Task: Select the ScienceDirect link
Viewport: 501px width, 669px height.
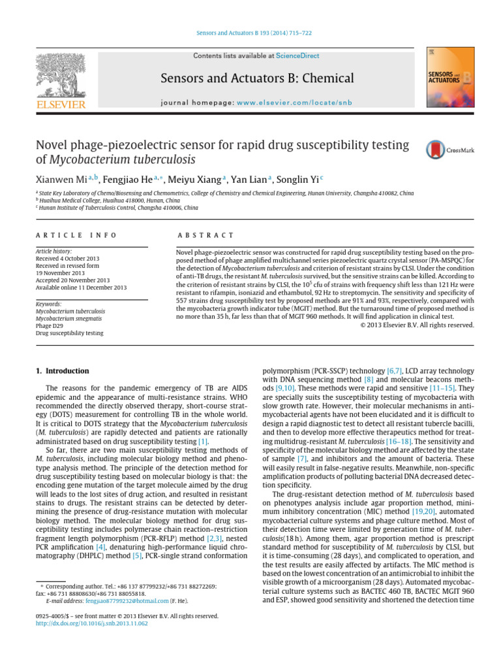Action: [x=297, y=56]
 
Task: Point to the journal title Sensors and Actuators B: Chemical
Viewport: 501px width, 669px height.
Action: [x=257, y=79]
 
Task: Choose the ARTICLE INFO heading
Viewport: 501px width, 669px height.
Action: [x=76, y=235]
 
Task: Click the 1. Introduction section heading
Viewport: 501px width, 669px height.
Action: [x=63, y=371]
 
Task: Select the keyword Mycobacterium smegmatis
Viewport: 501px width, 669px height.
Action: [x=67, y=319]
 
